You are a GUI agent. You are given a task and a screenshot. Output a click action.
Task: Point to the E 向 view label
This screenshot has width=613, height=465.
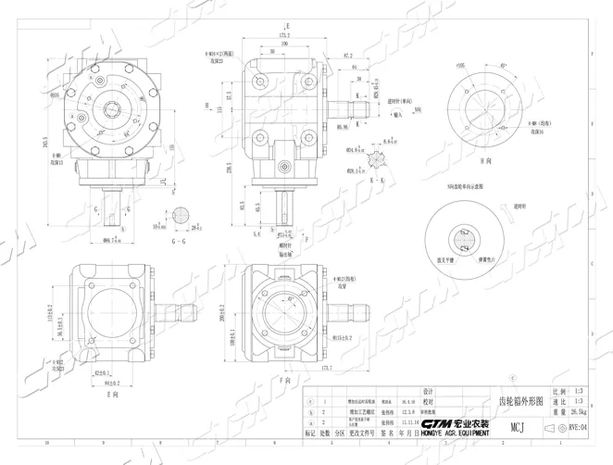(114, 393)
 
